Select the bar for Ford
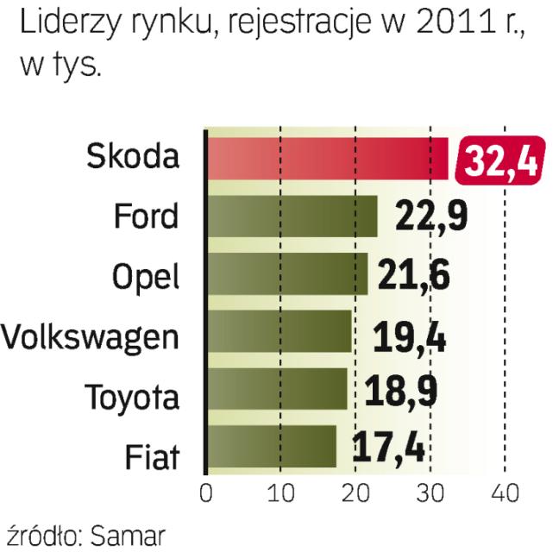pos(292,216)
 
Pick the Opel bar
pos(287,273)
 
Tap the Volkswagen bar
pos(279,331)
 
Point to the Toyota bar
pos(277,389)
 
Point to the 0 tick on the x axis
pos(205,493)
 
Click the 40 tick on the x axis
pos(505,493)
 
